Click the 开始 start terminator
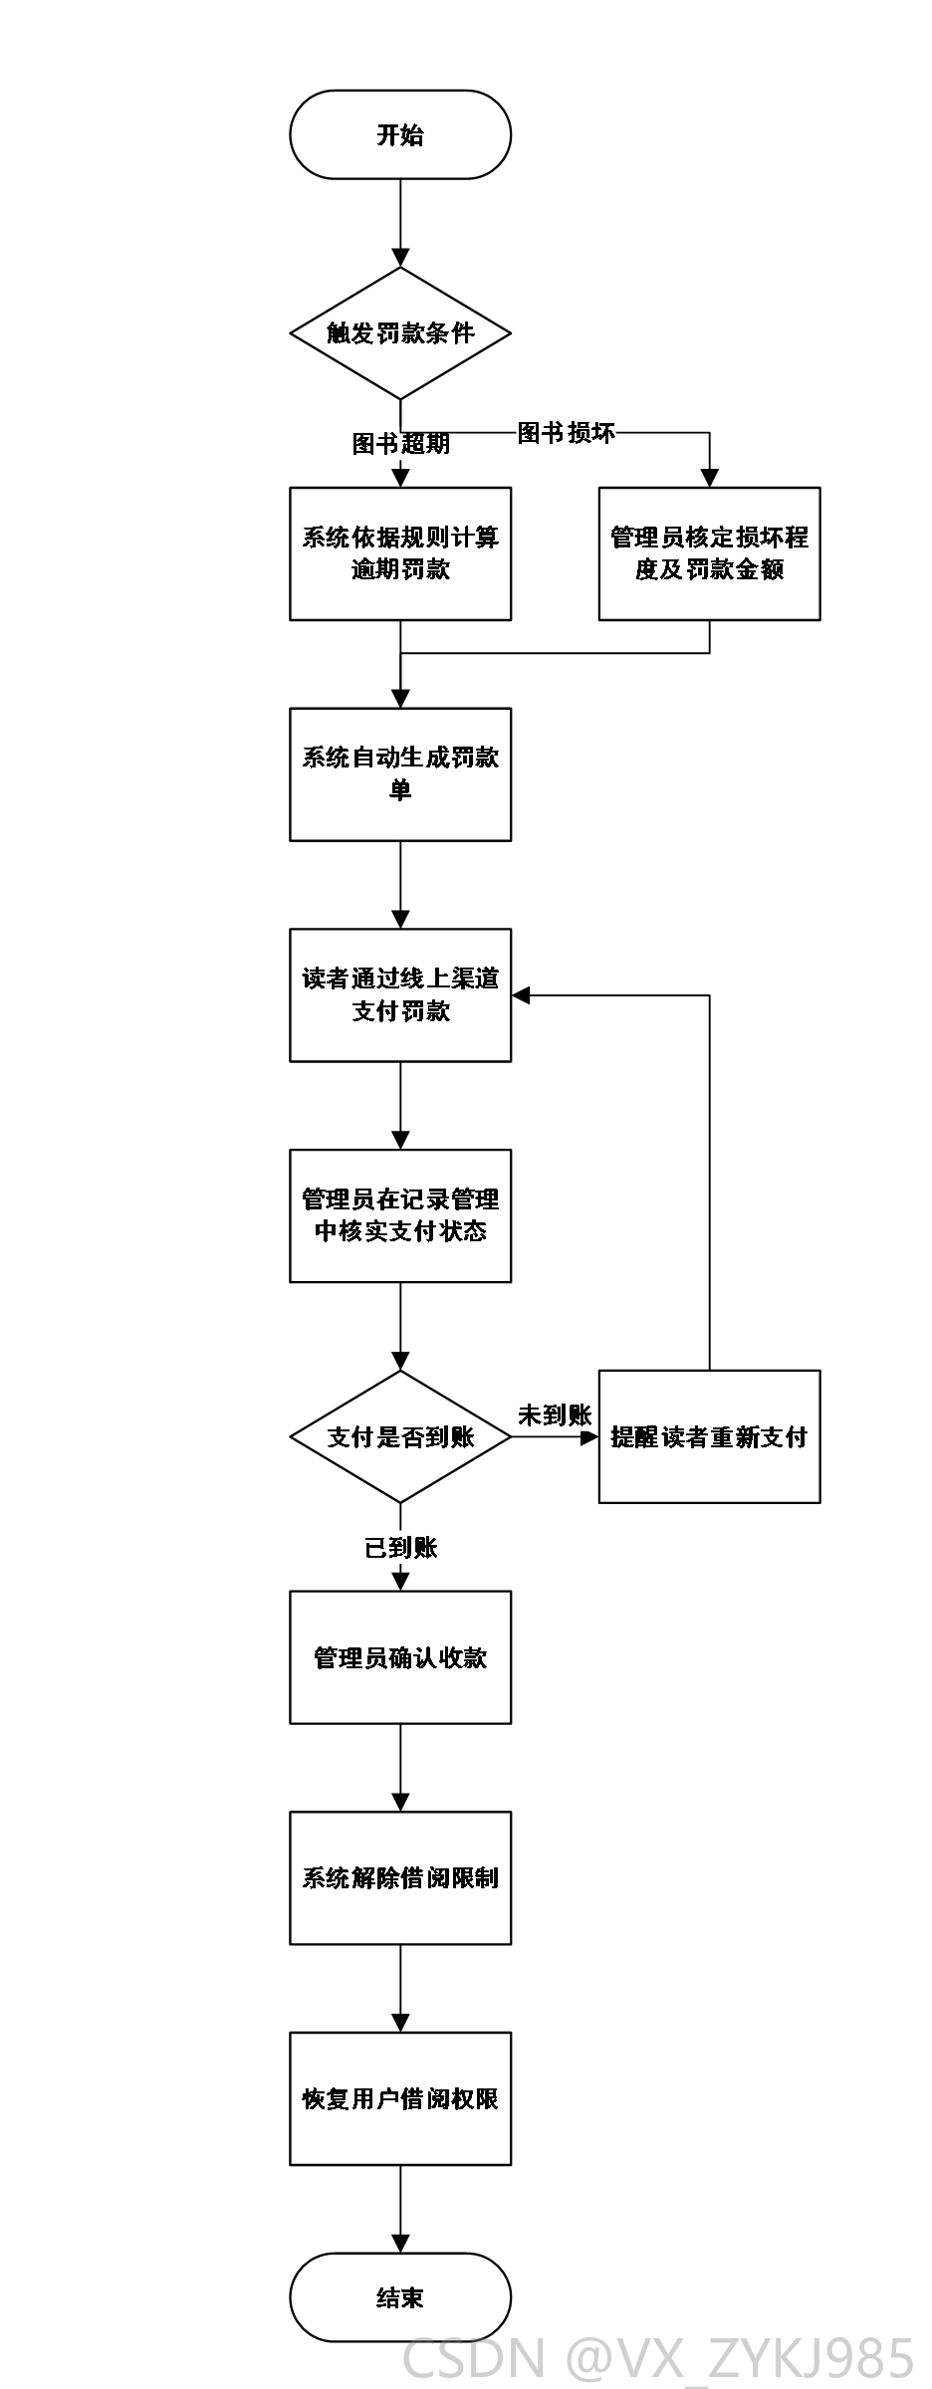(x=400, y=134)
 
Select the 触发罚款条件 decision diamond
(x=400, y=333)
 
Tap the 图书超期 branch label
(x=400, y=444)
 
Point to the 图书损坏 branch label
(x=566, y=433)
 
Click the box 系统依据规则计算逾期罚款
(x=400, y=553)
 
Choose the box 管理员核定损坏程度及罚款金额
(x=709, y=553)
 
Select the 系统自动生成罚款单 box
(x=400, y=774)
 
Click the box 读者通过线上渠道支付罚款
(x=400, y=995)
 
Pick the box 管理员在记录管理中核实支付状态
(x=400, y=1216)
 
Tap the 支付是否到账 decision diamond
(x=400, y=1436)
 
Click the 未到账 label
(x=555, y=1415)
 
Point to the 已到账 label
(x=400, y=1548)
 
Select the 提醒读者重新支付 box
(x=709, y=1436)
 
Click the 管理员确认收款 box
(x=400, y=1657)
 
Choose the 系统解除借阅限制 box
(x=400, y=1878)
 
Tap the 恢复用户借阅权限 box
(x=400, y=2099)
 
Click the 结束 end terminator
(x=400, y=2297)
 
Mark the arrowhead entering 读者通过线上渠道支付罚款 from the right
(x=521, y=995)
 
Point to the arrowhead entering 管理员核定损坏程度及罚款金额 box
(x=709, y=478)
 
